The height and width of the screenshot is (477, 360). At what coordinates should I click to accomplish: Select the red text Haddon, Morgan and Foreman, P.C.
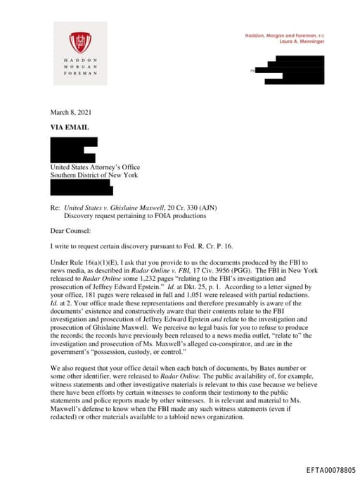(x=284, y=35)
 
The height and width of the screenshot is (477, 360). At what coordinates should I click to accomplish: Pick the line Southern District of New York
(x=94, y=175)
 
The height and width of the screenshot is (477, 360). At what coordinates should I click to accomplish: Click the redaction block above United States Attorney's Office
(x=73, y=149)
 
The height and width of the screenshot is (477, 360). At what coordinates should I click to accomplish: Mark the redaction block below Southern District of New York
(x=81, y=187)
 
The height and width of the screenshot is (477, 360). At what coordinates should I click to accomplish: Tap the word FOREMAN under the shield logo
(x=79, y=73)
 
